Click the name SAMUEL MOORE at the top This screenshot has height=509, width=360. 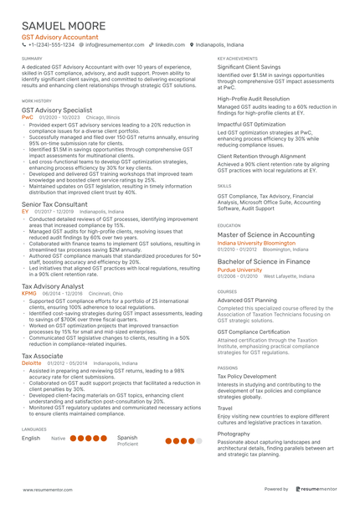click(x=64, y=27)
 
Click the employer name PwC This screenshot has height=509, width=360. click(x=27, y=118)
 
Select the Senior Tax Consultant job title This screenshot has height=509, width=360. click(x=54, y=204)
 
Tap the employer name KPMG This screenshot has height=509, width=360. click(x=29, y=294)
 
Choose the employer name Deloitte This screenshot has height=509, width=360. click(x=31, y=363)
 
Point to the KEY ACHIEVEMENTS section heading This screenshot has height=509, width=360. click(x=238, y=59)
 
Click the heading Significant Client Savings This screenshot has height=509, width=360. click(x=249, y=66)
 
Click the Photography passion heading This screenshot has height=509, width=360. click(x=234, y=434)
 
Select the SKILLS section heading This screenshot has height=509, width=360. click(x=224, y=186)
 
